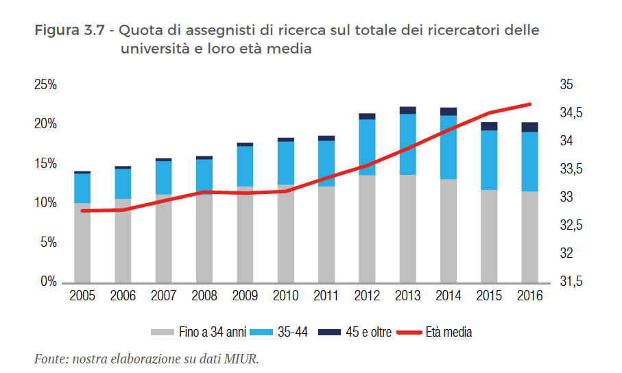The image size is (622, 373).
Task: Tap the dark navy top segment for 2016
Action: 529,127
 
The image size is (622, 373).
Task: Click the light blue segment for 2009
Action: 245,166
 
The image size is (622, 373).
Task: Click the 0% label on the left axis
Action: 48,282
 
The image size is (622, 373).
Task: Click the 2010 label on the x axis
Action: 285,296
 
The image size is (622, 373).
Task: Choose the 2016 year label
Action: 529,296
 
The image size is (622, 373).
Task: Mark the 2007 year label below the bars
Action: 163,296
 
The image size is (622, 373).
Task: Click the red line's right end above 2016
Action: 531,104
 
